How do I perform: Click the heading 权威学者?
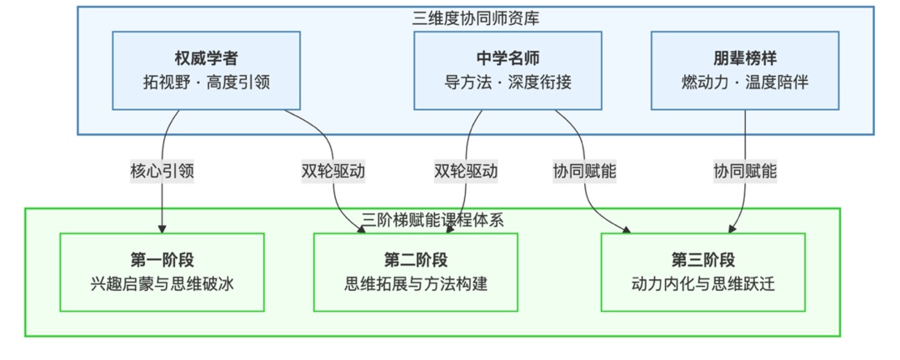point(206,59)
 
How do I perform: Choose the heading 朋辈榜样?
point(744,59)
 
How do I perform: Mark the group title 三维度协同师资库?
point(476,17)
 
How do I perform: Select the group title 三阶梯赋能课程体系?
point(432,220)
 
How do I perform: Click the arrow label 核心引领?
point(161,171)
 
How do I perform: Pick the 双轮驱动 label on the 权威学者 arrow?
point(332,171)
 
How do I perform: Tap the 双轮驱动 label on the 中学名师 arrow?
point(466,171)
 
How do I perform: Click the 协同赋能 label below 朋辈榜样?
point(744,171)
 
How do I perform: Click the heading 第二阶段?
point(415,259)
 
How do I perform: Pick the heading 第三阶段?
point(702,259)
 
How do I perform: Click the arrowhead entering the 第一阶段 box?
point(162,229)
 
